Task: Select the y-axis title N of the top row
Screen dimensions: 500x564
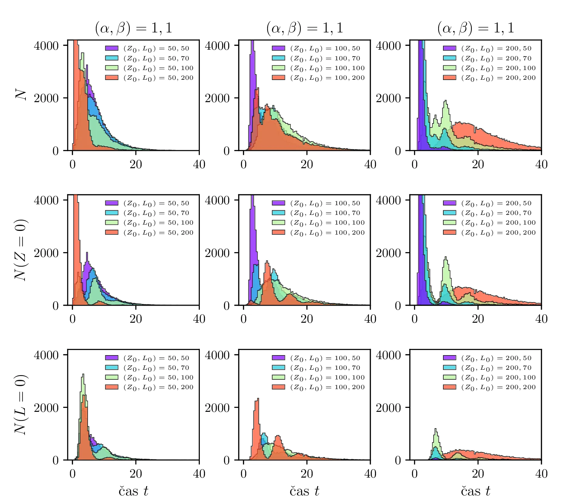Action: (21, 95)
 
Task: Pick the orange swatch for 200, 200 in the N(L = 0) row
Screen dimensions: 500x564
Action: (449, 387)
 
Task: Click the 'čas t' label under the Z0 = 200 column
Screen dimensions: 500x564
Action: (475, 491)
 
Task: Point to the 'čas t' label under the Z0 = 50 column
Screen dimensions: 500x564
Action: (133, 491)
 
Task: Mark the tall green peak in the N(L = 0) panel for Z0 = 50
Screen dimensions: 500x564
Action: (83, 375)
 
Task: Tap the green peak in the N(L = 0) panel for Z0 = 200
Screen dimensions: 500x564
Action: (436, 429)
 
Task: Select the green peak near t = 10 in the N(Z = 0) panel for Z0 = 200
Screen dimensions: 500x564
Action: (446, 258)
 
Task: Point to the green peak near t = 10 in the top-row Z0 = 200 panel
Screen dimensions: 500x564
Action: (446, 101)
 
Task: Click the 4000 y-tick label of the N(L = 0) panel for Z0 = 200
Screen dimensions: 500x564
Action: (388, 355)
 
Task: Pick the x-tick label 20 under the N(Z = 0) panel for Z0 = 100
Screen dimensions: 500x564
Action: (307, 319)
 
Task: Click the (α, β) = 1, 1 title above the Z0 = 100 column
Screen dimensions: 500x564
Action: (304, 28)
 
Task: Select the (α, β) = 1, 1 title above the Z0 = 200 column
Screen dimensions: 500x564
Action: (475, 28)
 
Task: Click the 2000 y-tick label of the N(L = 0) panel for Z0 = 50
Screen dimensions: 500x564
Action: (46, 408)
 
